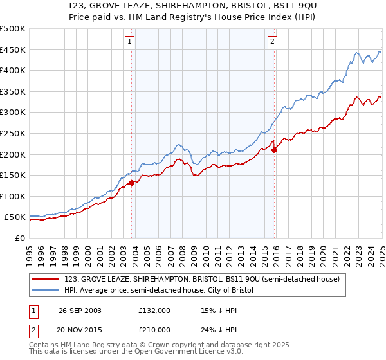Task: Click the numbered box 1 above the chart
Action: point(129,42)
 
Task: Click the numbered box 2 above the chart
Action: point(273,42)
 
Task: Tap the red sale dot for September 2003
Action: point(132,183)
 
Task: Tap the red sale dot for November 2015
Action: point(275,150)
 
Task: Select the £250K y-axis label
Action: point(12,133)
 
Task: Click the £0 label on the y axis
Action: point(19,238)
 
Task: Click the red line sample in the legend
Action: point(46,279)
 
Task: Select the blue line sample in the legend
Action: point(46,291)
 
